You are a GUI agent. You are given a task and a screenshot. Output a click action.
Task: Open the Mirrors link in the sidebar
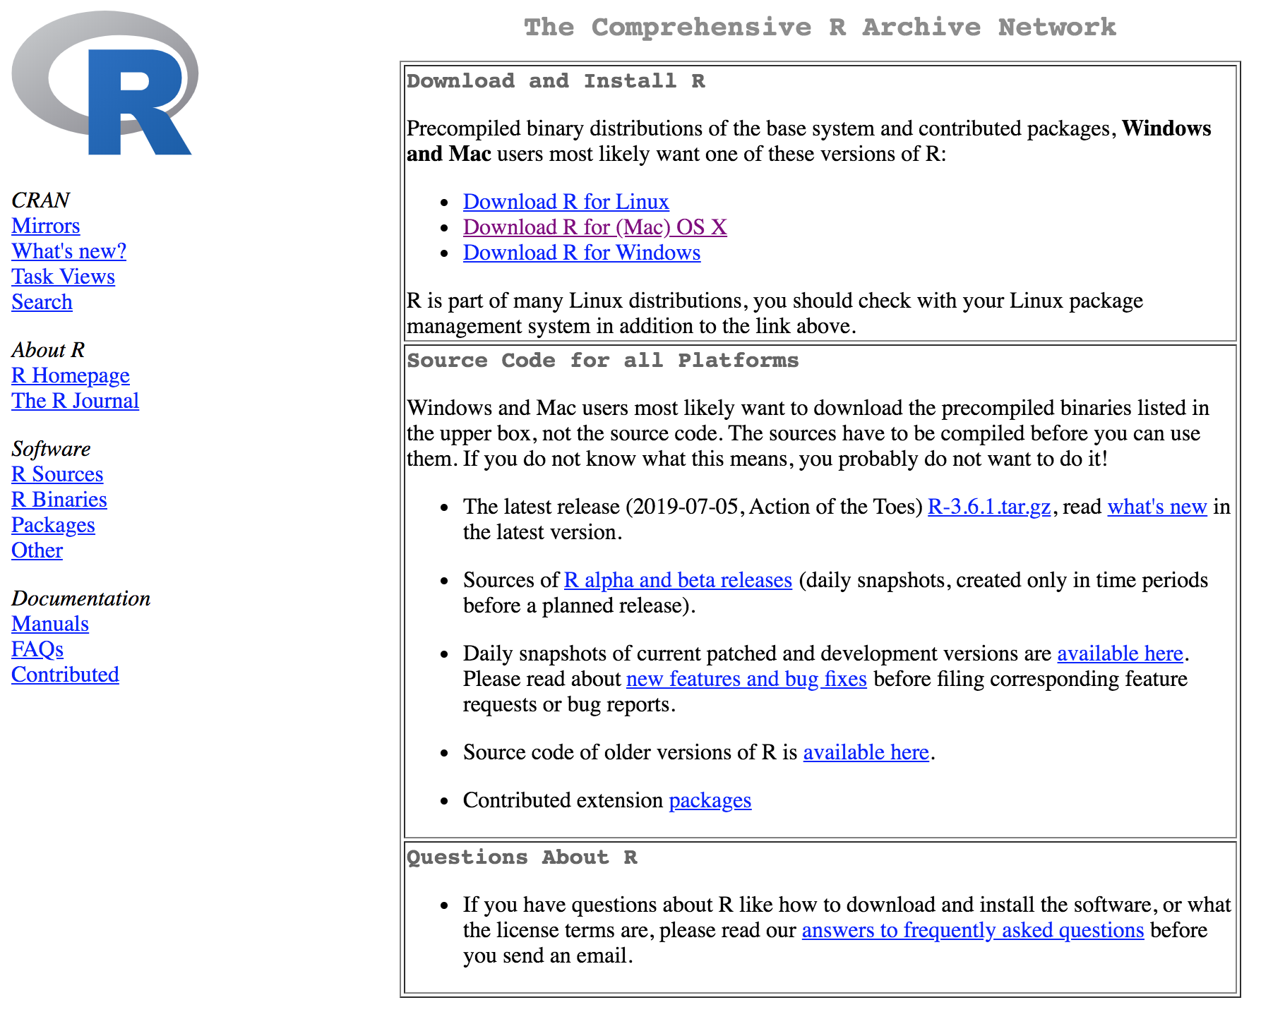click(x=46, y=226)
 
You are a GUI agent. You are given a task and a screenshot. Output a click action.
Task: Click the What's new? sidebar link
click(x=68, y=251)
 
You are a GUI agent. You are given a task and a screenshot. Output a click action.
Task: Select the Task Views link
click(x=63, y=277)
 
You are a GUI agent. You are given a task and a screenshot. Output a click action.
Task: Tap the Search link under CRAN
click(x=42, y=302)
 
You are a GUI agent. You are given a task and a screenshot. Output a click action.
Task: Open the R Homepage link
click(x=71, y=375)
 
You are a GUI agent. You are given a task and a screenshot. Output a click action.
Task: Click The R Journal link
click(x=75, y=401)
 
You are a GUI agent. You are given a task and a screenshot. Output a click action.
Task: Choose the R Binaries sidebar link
click(x=59, y=500)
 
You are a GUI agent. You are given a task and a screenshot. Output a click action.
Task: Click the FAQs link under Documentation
click(x=37, y=649)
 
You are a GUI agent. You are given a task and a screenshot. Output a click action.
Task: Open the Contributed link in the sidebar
click(x=65, y=675)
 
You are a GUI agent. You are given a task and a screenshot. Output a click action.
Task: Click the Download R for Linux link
click(x=566, y=202)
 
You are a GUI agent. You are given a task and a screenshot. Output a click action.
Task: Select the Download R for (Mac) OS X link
click(x=594, y=227)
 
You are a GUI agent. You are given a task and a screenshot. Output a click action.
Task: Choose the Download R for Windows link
click(x=582, y=253)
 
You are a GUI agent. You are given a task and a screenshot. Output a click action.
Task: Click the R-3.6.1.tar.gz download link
click(x=988, y=507)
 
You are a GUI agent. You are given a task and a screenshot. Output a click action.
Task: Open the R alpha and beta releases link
click(x=678, y=580)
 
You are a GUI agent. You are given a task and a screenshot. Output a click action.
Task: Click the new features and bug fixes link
click(x=746, y=679)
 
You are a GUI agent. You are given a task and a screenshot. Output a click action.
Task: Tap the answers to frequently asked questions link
click(x=972, y=930)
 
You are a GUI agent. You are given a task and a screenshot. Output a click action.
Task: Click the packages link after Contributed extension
click(x=710, y=800)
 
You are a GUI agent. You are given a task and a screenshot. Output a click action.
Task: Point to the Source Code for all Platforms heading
click(x=602, y=361)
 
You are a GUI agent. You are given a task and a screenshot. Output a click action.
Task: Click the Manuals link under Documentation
click(x=50, y=624)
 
